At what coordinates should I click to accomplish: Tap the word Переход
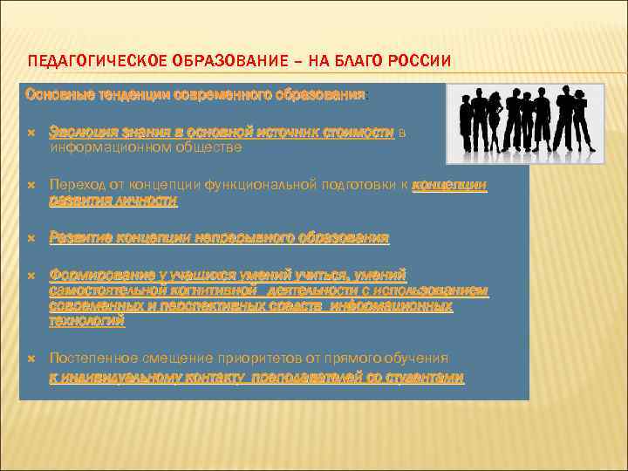pyautogui.click(x=75, y=185)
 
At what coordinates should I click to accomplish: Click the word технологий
pyautogui.click(x=87, y=322)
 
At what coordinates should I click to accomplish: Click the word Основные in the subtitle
pyautogui.click(x=54, y=93)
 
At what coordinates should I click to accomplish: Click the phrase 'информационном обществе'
pyautogui.click(x=144, y=147)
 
